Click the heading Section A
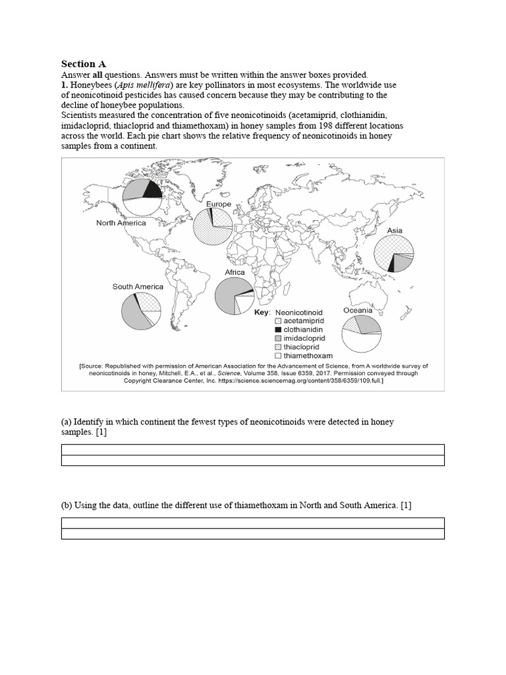tap(83, 64)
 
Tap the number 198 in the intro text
tap(294, 125)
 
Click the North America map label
tap(121, 223)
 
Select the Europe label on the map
tap(219, 204)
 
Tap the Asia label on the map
tap(394, 231)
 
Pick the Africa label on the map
tap(235, 272)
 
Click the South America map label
tap(138, 287)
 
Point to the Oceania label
tap(358, 310)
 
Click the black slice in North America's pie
tap(152, 190)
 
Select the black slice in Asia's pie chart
tap(391, 264)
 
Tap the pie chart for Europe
tap(212, 228)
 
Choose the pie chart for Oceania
tap(362, 335)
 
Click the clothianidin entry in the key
tap(300, 328)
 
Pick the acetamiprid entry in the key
tap(300, 320)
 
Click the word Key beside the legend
tap(262, 312)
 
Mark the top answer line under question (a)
tap(252, 450)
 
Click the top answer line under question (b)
tap(252, 523)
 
